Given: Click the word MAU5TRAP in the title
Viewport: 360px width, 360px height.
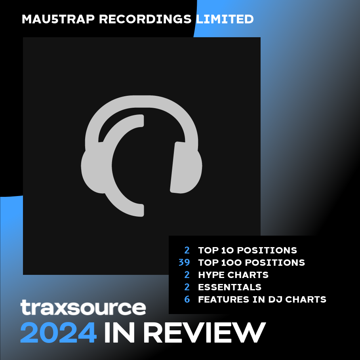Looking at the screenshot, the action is (58, 19).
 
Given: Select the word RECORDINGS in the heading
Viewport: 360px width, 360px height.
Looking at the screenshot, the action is (145, 19).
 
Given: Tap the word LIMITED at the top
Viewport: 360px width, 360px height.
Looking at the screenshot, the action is (225, 19).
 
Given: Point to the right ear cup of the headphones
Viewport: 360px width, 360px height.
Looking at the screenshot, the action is (186, 168).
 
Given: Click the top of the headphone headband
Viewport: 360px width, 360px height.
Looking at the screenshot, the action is (142, 101).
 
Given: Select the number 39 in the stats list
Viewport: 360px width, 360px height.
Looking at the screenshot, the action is (184, 263).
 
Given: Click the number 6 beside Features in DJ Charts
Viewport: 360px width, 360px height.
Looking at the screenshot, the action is (187, 299).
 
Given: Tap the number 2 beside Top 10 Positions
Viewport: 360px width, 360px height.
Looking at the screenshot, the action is (187, 250).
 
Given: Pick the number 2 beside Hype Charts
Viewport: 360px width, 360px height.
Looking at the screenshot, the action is (187, 275).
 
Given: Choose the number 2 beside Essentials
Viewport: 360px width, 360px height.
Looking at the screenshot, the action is (187, 287).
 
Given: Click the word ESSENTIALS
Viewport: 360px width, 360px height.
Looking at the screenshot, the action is (230, 287).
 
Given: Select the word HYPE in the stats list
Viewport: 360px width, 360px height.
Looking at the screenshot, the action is (211, 275).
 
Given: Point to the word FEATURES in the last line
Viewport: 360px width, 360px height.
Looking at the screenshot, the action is (223, 299).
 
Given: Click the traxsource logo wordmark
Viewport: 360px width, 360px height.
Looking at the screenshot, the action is (83, 307).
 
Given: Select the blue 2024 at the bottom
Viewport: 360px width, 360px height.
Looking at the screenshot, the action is (58, 333).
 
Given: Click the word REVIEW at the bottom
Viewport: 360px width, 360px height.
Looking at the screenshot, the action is (205, 333).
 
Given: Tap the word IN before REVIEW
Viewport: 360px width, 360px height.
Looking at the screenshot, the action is (119, 333).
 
